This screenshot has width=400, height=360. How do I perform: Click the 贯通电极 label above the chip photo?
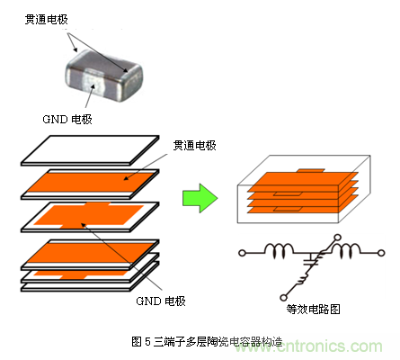pos(47,20)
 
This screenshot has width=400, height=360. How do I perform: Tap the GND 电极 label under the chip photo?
pos(67,119)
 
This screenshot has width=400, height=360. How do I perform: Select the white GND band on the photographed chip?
pos(93,80)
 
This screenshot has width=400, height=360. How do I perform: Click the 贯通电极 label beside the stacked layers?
pos(195,146)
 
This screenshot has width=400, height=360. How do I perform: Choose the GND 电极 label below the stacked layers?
pos(161,301)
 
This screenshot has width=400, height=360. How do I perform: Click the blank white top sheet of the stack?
pos(90,150)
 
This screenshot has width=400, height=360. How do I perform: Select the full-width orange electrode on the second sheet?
pos(91,183)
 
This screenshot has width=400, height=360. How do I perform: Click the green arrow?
pos(200,198)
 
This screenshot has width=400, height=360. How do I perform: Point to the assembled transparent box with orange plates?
pos(304,189)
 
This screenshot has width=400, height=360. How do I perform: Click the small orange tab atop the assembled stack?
pos(310,170)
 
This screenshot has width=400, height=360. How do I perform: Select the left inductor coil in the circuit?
pos(279,250)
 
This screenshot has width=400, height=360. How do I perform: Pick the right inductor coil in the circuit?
pos(346,250)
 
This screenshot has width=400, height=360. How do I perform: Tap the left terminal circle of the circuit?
pos(242,253)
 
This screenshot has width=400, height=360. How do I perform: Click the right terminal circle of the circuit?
pos(381,253)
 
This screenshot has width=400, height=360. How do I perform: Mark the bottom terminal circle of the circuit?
pos(283,297)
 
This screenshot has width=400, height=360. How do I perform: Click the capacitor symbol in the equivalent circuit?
pos(312,261)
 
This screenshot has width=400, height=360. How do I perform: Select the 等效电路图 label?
pos(313,309)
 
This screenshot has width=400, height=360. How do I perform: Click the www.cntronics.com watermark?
pos(308,346)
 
